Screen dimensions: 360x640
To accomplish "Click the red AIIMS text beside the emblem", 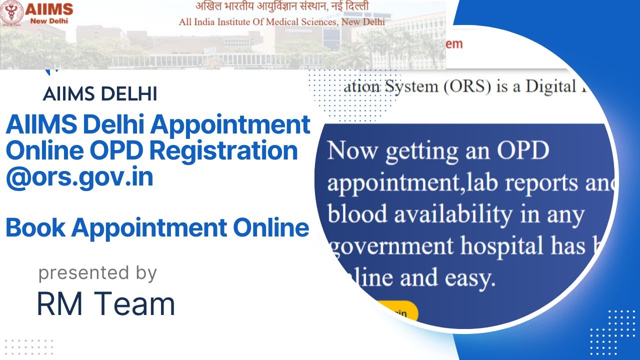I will (48, 8).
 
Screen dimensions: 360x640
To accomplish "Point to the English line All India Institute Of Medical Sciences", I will (282, 22).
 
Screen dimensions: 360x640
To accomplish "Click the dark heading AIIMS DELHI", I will (100, 94).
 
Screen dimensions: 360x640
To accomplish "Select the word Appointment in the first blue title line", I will (230, 124).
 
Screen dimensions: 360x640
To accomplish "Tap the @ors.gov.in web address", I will (79, 177).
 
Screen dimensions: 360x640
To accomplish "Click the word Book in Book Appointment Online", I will (35, 228).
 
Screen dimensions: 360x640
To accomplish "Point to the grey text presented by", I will (97, 273).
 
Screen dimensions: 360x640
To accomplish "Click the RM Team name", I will (106, 304).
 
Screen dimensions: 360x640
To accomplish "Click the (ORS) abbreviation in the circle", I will (467, 86).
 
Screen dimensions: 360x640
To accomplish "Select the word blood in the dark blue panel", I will (357, 215).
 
